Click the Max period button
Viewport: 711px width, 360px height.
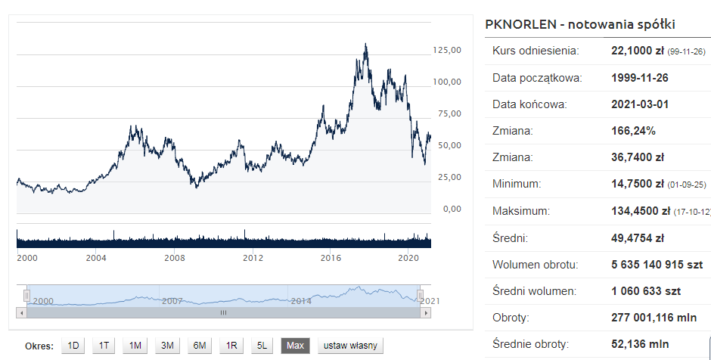pos(295,346)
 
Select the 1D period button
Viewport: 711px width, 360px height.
pos(73,346)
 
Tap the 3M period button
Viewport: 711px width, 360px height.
pos(167,346)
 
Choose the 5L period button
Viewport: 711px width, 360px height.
pos(262,346)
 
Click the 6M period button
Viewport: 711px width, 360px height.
pos(200,346)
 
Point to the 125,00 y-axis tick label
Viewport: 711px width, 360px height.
pos(447,50)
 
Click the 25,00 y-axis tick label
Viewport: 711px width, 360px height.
pos(447,177)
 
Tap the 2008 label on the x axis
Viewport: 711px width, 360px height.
pos(175,258)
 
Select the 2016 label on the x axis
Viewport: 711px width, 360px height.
pos(331,258)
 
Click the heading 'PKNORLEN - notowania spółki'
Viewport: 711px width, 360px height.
pos(579,24)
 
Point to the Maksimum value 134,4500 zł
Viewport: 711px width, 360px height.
pos(637,211)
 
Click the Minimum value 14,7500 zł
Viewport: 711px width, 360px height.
pos(637,184)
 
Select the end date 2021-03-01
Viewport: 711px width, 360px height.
pos(640,104)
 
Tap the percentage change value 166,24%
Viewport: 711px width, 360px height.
pos(633,131)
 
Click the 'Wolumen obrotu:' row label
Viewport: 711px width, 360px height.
pos(535,265)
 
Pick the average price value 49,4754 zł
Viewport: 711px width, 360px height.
pos(637,238)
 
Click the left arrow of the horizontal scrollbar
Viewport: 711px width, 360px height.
pos(21,312)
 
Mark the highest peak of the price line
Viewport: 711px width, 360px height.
pos(366,44)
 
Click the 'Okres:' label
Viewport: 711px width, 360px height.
pos(39,346)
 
